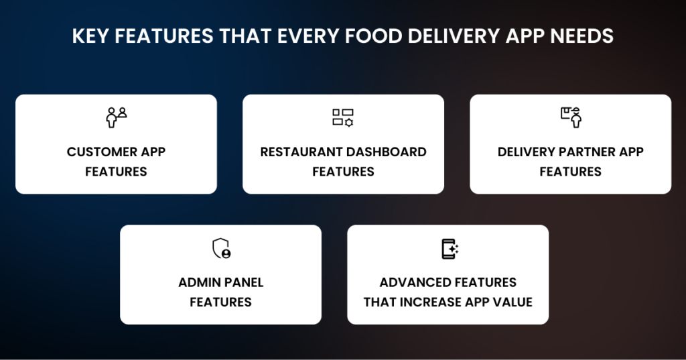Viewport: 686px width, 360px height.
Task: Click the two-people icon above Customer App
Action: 116,117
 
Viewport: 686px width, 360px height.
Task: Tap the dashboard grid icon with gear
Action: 343,117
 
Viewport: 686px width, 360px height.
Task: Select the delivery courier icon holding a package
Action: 571,117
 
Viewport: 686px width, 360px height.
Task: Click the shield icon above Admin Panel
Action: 220,249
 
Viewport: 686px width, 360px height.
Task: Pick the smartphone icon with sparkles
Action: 449,249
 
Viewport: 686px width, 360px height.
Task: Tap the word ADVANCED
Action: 417,282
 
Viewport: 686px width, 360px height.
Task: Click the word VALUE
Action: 512,302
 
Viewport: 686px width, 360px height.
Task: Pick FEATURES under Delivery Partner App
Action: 570,172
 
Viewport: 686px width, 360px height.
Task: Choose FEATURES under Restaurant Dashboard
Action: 343,172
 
